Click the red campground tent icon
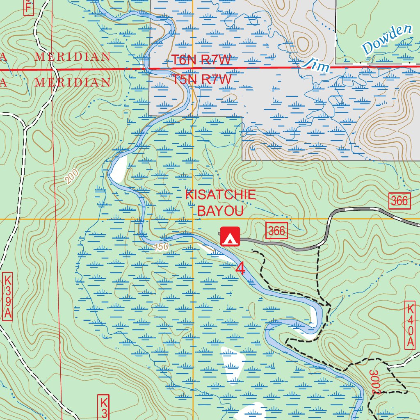(x=230, y=237)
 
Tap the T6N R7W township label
(x=201, y=60)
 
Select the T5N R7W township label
(x=201, y=79)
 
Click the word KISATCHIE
(x=220, y=195)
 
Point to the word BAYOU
(x=221, y=211)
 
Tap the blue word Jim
(x=315, y=65)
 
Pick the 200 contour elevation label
(x=71, y=176)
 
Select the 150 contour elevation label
(x=162, y=247)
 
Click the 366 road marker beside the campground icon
(x=277, y=231)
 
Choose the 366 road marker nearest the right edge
(x=399, y=201)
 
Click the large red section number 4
(x=240, y=269)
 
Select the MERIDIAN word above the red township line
(x=73, y=57)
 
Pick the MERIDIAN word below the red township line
(x=73, y=82)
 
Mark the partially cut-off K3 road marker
(x=104, y=407)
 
